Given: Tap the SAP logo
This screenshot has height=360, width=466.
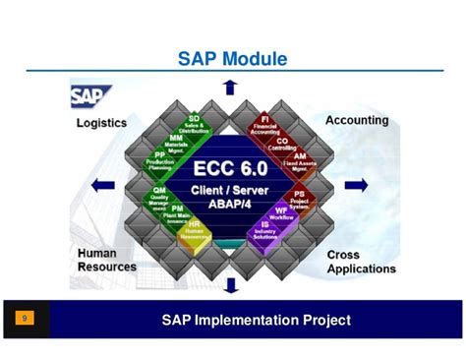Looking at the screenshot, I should pos(89,96).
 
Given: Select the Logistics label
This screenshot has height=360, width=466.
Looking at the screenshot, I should pos(101,123).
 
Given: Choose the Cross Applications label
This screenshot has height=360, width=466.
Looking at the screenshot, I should pos(361,261).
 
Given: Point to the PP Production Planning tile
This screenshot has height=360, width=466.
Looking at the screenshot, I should pos(159,159).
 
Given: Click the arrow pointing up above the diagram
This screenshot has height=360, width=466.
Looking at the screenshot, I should pos(230,87).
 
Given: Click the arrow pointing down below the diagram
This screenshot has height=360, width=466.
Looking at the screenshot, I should pos(230,285).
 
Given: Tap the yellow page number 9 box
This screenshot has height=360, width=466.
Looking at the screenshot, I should pos(25,319).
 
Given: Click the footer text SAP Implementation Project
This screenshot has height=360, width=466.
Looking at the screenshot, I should pos(256,320).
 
